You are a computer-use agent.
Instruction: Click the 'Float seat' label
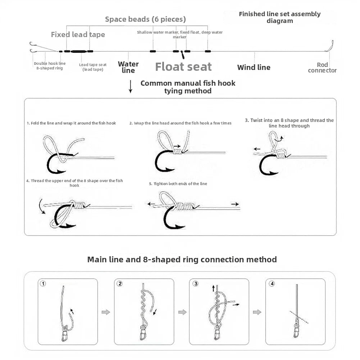tap(183, 67)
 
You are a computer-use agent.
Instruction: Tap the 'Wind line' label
tap(254, 67)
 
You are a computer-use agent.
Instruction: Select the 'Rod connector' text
tap(322, 68)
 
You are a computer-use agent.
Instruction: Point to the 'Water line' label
tap(128, 67)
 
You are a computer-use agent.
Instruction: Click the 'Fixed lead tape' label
tap(78, 35)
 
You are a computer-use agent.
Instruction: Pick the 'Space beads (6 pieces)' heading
tap(145, 19)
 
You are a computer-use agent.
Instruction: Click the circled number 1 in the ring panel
tap(43, 283)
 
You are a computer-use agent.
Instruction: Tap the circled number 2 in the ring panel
tap(120, 283)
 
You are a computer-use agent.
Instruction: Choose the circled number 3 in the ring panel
tap(196, 283)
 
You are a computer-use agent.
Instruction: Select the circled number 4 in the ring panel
tap(272, 283)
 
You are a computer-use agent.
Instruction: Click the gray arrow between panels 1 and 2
tap(106, 312)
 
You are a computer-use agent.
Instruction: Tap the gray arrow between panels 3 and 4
tap(257, 312)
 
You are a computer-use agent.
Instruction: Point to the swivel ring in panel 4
tap(296, 331)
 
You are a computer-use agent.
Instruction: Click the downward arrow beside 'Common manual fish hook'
tap(131, 87)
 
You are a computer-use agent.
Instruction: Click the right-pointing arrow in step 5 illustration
tap(235, 204)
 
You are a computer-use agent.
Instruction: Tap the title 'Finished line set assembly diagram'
tap(280, 18)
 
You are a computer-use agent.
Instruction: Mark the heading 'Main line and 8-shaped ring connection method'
tap(182, 259)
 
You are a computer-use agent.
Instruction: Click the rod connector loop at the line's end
tap(329, 46)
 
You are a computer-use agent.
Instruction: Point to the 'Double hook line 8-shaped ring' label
tap(50, 66)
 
